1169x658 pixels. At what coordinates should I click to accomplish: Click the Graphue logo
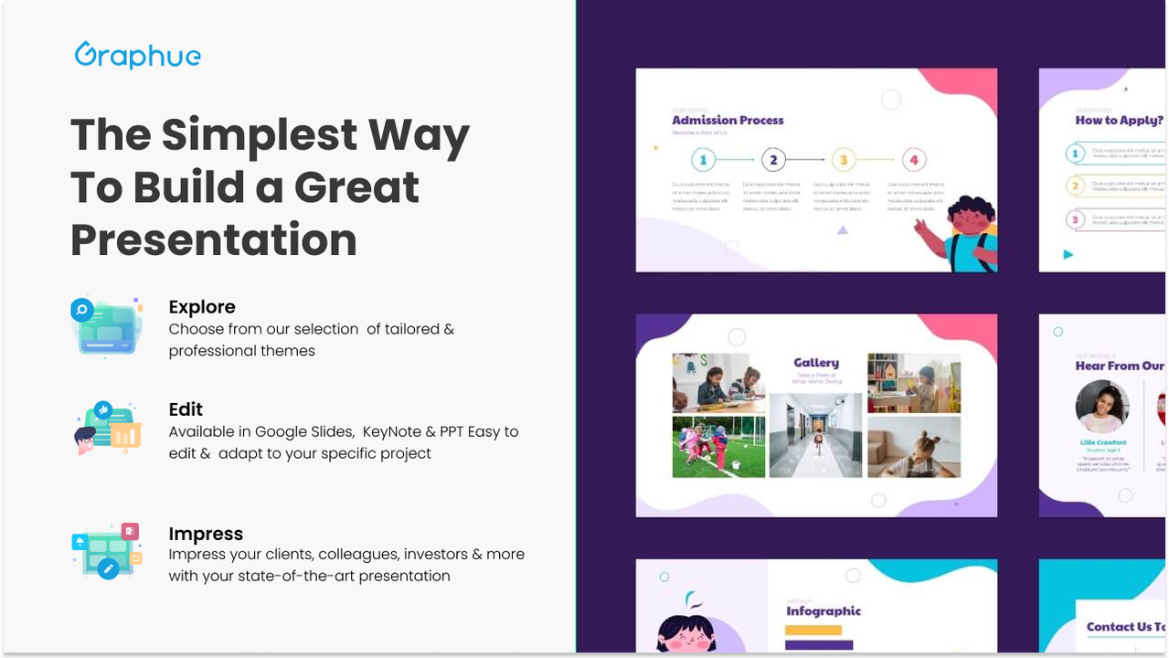(138, 55)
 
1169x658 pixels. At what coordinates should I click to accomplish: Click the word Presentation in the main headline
(214, 240)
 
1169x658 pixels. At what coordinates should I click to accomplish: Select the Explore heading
(202, 307)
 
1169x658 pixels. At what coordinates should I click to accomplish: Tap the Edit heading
(186, 409)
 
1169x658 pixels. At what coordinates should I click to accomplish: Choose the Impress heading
(206, 534)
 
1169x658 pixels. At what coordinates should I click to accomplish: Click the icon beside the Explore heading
(107, 326)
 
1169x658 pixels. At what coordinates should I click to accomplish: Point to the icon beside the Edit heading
(107, 427)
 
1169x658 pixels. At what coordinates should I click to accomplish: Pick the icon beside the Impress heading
(107, 551)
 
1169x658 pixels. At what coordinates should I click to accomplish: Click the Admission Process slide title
(728, 120)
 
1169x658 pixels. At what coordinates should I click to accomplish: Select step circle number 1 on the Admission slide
(703, 161)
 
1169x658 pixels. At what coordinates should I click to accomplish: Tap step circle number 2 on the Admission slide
(773, 161)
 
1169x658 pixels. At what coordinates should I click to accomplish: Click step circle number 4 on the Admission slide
(914, 161)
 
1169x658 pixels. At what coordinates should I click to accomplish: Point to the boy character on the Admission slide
(960, 232)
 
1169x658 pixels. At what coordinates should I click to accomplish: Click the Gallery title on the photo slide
(816, 363)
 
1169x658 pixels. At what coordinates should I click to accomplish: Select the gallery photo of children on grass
(718, 447)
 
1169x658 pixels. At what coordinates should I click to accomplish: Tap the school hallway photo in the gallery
(815, 436)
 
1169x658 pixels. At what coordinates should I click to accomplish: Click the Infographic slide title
(824, 611)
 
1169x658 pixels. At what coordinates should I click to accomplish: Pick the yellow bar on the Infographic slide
(813, 631)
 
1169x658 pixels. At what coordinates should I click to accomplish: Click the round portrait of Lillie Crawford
(1102, 407)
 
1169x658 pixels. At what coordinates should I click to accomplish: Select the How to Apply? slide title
(1119, 120)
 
